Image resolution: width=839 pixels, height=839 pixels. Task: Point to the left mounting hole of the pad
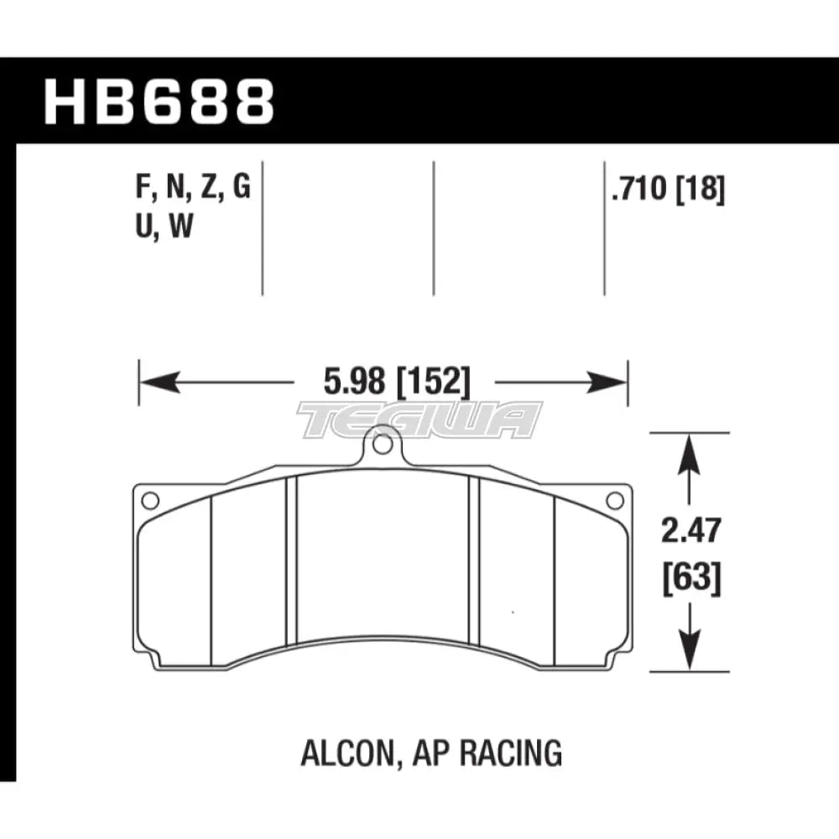click(150, 501)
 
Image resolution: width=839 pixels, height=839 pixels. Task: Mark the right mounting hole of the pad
click(614, 501)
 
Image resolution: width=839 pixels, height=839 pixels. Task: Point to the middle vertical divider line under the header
click(434, 227)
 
